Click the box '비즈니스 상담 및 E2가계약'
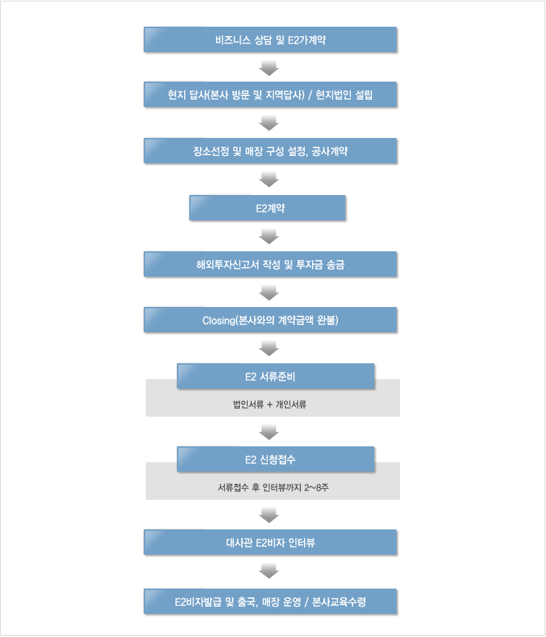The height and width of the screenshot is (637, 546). coord(270,40)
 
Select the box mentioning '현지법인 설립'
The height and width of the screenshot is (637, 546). coord(270,94)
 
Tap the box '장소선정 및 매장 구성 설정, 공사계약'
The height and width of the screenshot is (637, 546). coord(270,151)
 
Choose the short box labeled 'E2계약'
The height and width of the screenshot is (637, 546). coord(267,208)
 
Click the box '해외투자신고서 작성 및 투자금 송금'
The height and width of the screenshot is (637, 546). coord(270,264)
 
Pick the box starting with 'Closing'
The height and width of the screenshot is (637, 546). coord(270,320)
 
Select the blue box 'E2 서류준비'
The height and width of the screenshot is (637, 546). coord(275,376)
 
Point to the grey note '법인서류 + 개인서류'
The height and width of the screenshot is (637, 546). coord(270,404)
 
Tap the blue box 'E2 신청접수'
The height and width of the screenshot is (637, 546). coord(275,459)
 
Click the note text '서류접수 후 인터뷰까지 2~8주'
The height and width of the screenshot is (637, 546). coord(273,487)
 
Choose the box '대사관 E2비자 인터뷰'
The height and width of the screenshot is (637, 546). coord(270,542)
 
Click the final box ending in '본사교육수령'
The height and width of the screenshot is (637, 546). coord(270,601)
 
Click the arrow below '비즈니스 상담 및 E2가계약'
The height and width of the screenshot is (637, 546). coord(269,68)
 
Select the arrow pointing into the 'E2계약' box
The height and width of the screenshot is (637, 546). coord(269,179)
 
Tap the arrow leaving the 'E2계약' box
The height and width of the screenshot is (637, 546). coord(269,236)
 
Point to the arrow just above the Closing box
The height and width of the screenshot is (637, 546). coord(269,292)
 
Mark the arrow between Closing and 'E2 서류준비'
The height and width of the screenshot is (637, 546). coord(269,349)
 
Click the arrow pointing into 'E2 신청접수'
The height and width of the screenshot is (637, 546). coord(269,432)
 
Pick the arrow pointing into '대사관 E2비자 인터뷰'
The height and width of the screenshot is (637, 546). coord(269,515)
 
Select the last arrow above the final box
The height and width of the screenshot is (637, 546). coord(269,571)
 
